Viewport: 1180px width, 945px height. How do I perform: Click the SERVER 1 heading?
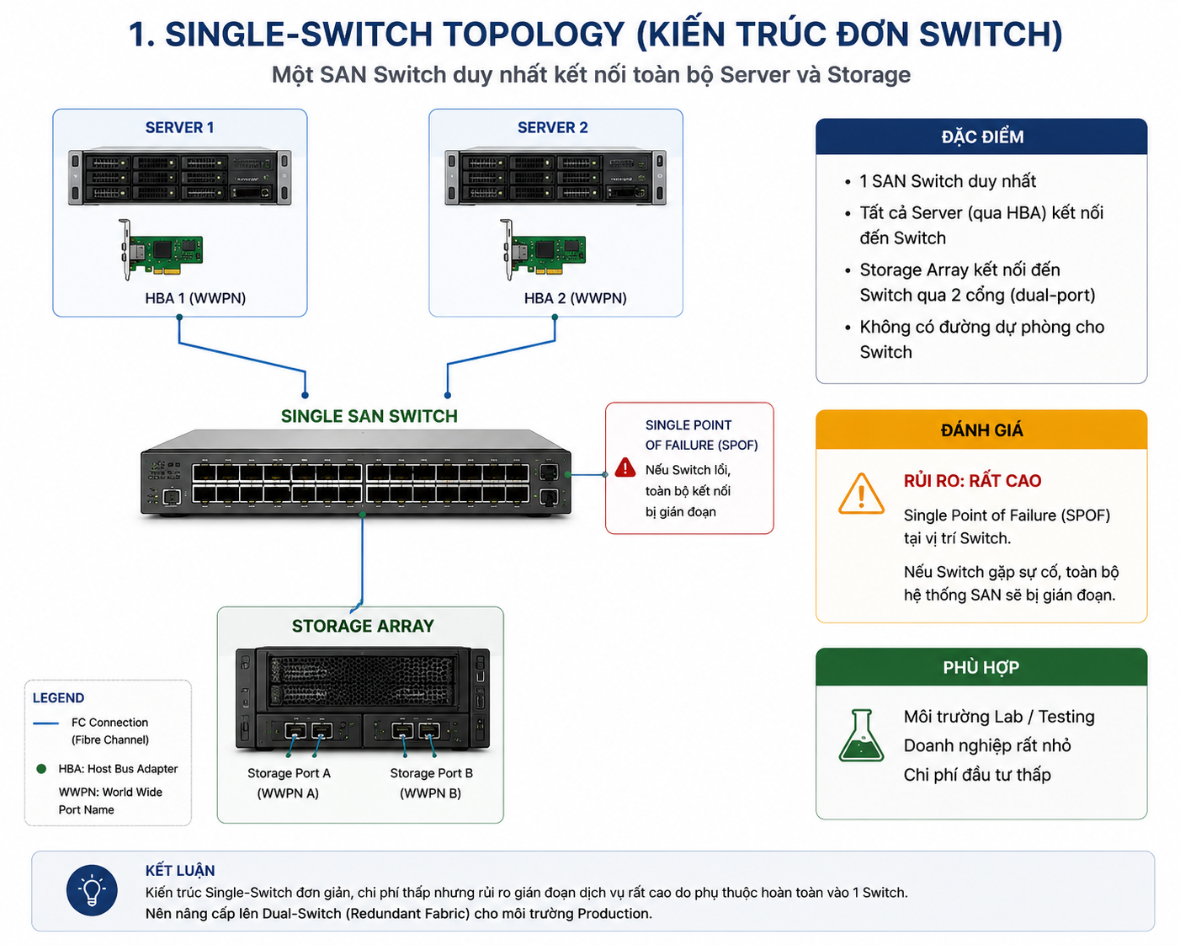tap(179, 127)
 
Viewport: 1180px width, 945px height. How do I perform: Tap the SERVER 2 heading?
tap(552, 127)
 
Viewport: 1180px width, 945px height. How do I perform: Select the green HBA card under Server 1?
tap(161, 249)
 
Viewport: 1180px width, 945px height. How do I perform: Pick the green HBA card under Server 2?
tap(543, 249)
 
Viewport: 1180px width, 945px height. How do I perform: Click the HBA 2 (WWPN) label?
tap(575, 298)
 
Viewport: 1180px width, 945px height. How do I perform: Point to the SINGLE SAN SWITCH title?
tap(369, 416)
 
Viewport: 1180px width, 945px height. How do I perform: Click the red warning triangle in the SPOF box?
tap(625, 467)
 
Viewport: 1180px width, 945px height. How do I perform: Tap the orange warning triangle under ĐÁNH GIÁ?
tap(861, 494)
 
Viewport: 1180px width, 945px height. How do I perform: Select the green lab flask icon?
tap(861, 735)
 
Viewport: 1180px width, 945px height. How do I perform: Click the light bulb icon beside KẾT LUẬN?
tap(92, 890)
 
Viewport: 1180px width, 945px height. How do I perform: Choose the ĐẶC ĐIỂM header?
tap(982, 136)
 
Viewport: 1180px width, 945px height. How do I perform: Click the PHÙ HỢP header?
tap(981, 667)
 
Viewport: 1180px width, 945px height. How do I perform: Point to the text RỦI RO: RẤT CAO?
tap(972, 481)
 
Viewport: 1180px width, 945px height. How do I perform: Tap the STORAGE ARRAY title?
tap(363, 626)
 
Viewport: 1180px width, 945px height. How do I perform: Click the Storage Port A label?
tap(289, 773)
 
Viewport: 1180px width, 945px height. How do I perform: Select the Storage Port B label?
tap(431, 773)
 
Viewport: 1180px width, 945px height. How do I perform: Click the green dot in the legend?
tap(41, 769)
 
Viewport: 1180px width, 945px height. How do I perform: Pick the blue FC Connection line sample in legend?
tap(46, 723)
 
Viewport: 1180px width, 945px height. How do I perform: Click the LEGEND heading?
tap(58, 698)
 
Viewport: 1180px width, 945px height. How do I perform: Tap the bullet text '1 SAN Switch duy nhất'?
tap(948, 181)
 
